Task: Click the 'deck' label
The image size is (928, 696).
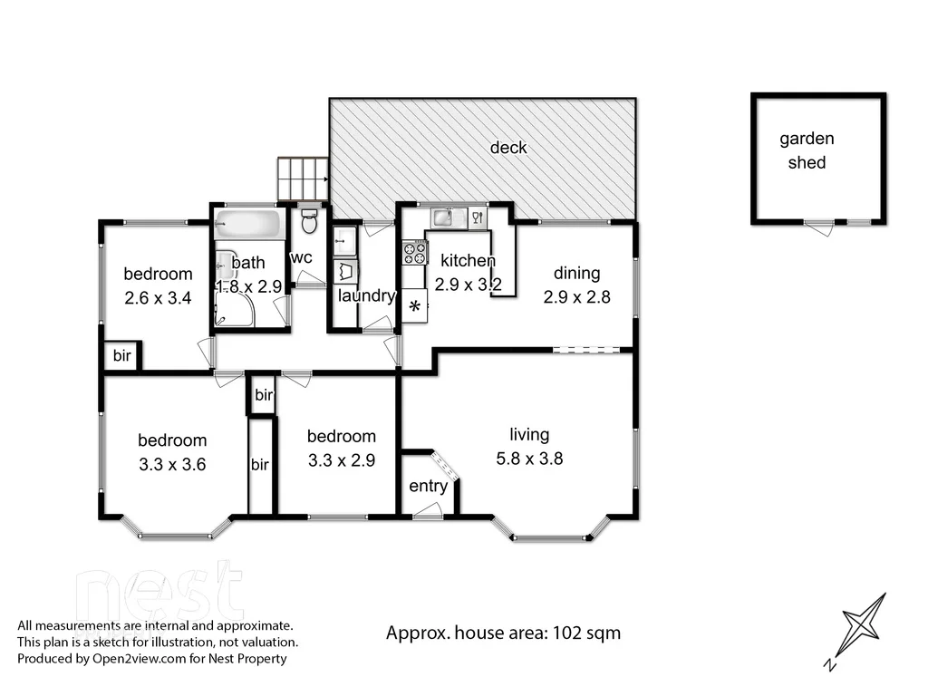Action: pyautogui.click(x=508, y=148)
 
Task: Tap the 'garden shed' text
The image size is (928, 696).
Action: pyautogui.click(x=807, y=150)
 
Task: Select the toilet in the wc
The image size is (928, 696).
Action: pyautogui.click(x=309, y=219)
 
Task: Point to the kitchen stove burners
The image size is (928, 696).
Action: pyautogui.click(x=415, y=252)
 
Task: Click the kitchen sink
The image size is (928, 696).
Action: pyautogui.click(x=445, y=217)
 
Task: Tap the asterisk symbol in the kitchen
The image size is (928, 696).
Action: pyautogui.click(x=415, y=307)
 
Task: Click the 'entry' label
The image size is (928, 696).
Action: pyautogui.click(x=428, y=487)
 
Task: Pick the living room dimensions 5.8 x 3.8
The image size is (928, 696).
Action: pyautogui.click(x=529, y=459)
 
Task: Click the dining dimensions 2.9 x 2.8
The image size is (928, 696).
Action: pyautogui.click(x=577, y=296)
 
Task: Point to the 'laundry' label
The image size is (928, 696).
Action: pyautogui.click(x=366, y=296)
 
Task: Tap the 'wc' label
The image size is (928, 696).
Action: pyautogui.click(x=301, y=257)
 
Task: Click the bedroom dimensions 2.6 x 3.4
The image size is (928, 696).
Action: pyautogui.click(x=158, y=297)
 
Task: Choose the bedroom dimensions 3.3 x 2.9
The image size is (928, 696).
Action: pyautogui.click(x=341, y=459)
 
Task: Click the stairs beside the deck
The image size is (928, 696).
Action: pyautogui.click(x=302, y=179)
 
